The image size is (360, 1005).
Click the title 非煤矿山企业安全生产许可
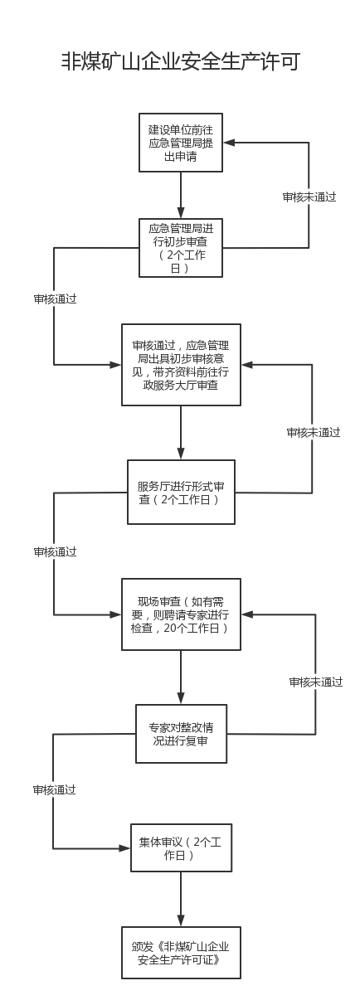[181, 61]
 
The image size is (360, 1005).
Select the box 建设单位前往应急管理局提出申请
[181, 143]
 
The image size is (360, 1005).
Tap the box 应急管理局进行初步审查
[181, 248]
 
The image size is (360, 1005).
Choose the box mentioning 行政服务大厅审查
[182, 365]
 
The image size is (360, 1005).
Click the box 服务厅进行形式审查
[182, 493]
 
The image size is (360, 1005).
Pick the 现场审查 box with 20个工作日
[182, 614]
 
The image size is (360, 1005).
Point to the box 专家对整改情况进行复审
[182, 734]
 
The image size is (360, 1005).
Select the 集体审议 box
[182, 848]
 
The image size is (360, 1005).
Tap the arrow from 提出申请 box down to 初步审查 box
[181, 195]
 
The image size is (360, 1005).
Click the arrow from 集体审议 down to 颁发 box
[181, 899]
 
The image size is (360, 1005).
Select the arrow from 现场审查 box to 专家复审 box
[181, 677]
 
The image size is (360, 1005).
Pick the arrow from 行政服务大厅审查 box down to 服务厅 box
[181, 433]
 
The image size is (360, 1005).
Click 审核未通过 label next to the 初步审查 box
[309, 197]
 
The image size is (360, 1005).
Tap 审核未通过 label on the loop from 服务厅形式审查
[314, 433]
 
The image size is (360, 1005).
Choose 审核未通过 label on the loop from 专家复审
[316, 682]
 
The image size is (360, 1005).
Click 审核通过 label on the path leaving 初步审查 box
[56, 299]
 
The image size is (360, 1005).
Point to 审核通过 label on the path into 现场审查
[56, 551]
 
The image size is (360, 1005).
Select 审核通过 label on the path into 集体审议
[54, 789]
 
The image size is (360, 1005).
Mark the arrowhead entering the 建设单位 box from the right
[229, 143]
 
